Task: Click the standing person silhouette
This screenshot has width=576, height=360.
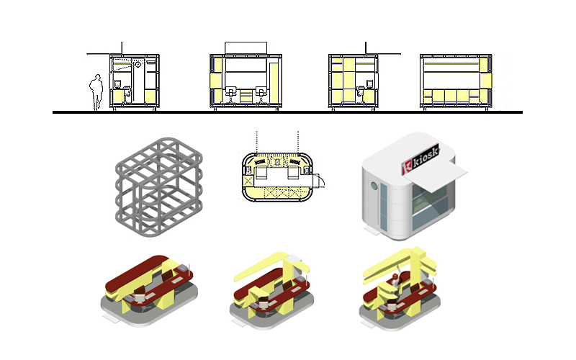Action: pyautogui.click(x=96, y=92)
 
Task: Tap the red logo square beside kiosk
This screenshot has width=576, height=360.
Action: pyautogui.click(x=407, y=168)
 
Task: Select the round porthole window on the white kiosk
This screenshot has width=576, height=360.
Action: pyautogui.click(x=374, y=186)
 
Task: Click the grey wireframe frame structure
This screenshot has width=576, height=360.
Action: pyautogui.click(x=158, y=186)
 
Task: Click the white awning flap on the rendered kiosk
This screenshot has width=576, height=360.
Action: pyautogui.click(x=436, y=175)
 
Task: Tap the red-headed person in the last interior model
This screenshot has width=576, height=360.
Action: pyautogui.click(x=394, y=281)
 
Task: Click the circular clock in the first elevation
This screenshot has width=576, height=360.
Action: pyautogui.click(x=138, y=64)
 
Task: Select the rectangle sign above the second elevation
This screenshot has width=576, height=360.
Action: pyautogui.click(x=246, y=48)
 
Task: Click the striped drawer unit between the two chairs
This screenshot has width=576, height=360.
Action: pyautogui.click(x=246, y=96)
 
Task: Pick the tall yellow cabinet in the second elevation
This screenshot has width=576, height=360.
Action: pyautogui.click(x=274, y=83)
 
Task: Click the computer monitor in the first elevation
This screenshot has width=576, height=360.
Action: pyautogui.click(x=117, y=84)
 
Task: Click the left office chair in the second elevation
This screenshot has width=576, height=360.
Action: pyautogui.click(x=230, y=94)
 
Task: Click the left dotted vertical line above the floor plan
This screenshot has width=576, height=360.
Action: pyautogui.click(x=257, y=141)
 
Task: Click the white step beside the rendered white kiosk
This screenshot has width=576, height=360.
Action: pyautogui.click(x=372, y=231)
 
